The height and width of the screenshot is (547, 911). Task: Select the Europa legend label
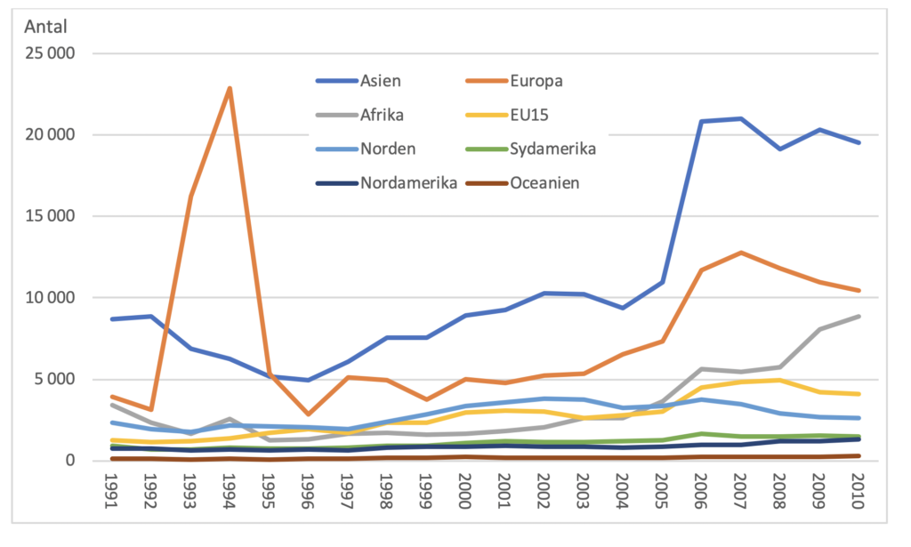point(536,81)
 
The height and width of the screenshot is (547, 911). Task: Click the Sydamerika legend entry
point(553,148)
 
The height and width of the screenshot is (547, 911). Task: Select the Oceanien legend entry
point(545,182)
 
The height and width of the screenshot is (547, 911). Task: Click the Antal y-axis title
point(44,26)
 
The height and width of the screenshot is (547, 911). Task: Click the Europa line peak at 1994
point(230,88)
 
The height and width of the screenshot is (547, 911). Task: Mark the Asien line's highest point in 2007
point(740,118)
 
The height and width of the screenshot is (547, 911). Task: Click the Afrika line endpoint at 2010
point(859,316)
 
